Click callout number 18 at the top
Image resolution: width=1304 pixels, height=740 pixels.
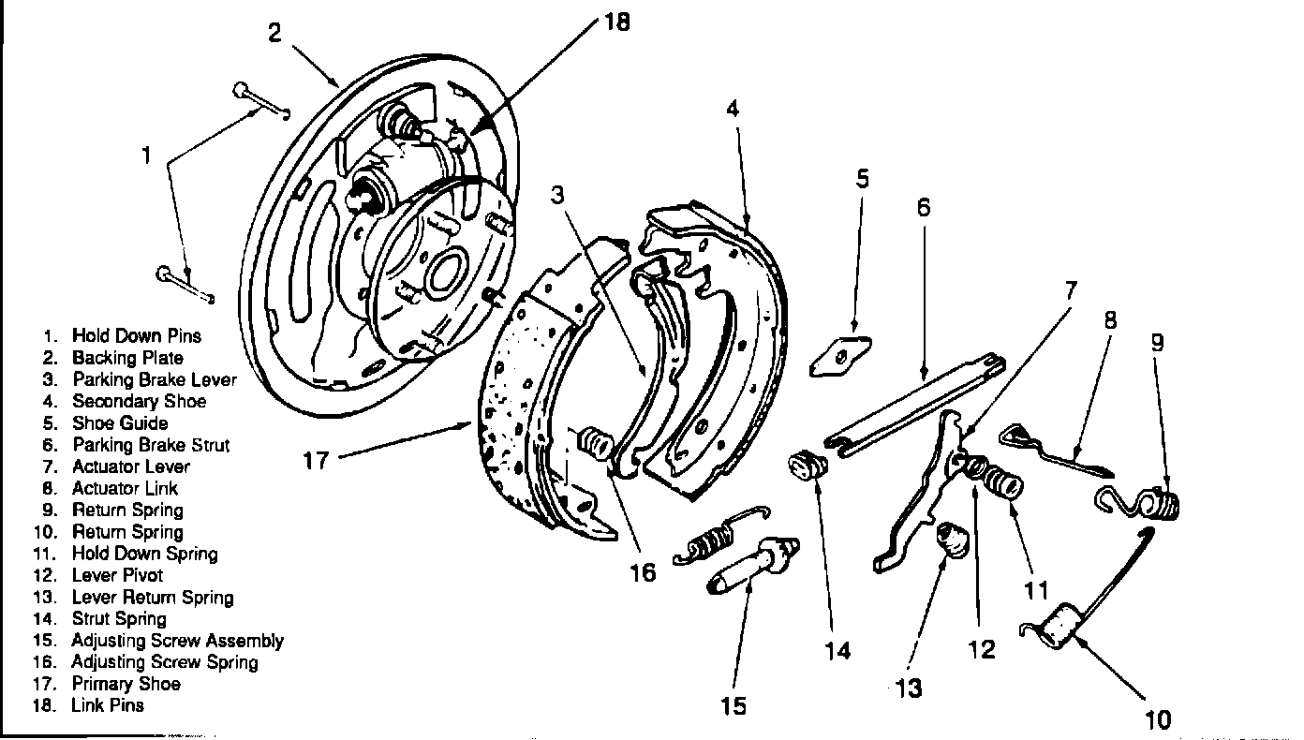pyautogui.click(x=617, y=22)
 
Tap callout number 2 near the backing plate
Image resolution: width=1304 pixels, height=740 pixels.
pyautogui.click(x=274, y=32)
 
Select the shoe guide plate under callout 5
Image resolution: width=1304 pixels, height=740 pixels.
pyautogui.click(x=840, y=356)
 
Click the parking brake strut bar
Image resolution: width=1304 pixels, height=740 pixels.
pyautogui.click(x=915, y=405)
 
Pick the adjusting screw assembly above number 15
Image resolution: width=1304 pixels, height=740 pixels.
pyautogui.click(x=753, y=567)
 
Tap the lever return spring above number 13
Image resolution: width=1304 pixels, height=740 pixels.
pyautogui.click(x=952, y=540)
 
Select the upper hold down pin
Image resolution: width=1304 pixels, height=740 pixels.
pyautogui.click(x=261, y=102)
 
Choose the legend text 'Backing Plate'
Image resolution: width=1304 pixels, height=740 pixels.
pyautogui.click(x=127, y=358)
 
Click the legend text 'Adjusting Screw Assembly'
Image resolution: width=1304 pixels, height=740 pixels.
pyautogui.click(x=178, y=641)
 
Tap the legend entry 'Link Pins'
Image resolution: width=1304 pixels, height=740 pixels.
pyautogui.click(x=108, y=705)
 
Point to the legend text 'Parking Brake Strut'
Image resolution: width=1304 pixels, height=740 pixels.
pyautogui.click(x=151, y=445)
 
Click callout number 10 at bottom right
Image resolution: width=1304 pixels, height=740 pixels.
pyautogui.click(x=1157, y=720)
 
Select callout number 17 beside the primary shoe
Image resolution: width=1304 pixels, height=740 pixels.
pyautogui.click(x=316, y=461)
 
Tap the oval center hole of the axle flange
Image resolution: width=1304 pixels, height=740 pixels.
pyautogui.click(x=447, y=271)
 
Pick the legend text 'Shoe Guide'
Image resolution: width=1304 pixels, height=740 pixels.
pyautogui.click(x=120, y=422)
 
